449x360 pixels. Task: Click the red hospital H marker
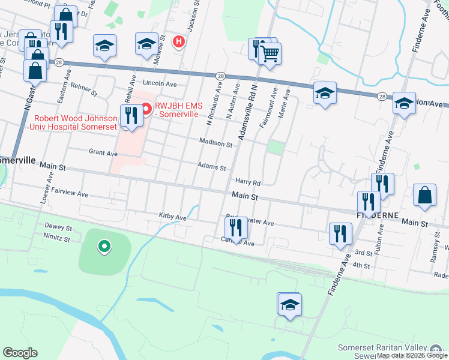(x=178, y=41)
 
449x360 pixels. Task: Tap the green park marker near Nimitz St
(x=104, y=246)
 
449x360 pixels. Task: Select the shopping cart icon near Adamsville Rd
(x=270, y=53)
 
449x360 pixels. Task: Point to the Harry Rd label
(x=247, y=182)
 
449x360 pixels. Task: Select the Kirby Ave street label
(x=173, y=217)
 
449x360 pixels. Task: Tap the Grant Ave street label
(x=103, y=153)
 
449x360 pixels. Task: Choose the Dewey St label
(x=58, y=228)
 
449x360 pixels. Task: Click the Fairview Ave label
(x=70, y=194)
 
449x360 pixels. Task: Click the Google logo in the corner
(x=20, y=352)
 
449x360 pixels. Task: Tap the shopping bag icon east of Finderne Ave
(x=424, y=196)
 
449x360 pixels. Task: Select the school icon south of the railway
(x=290, y=305)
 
